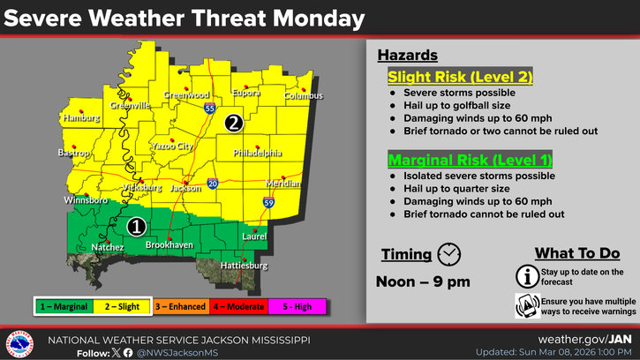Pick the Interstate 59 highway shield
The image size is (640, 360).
pyautogui.click(x=267, y=203)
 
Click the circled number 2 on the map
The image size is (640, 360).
pyautogui.click(x=233, y=124)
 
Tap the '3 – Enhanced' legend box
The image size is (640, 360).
pyautogui.click(x=182, y=306)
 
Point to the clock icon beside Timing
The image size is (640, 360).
pyautogui.click(x=449, y=253)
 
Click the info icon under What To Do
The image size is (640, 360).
pyautogui.click(x=527, y=276)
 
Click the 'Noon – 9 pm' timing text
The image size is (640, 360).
pyautogui.click(x=425, y=282)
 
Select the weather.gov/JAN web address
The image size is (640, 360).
pyautogui.click(x=586, y=339)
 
